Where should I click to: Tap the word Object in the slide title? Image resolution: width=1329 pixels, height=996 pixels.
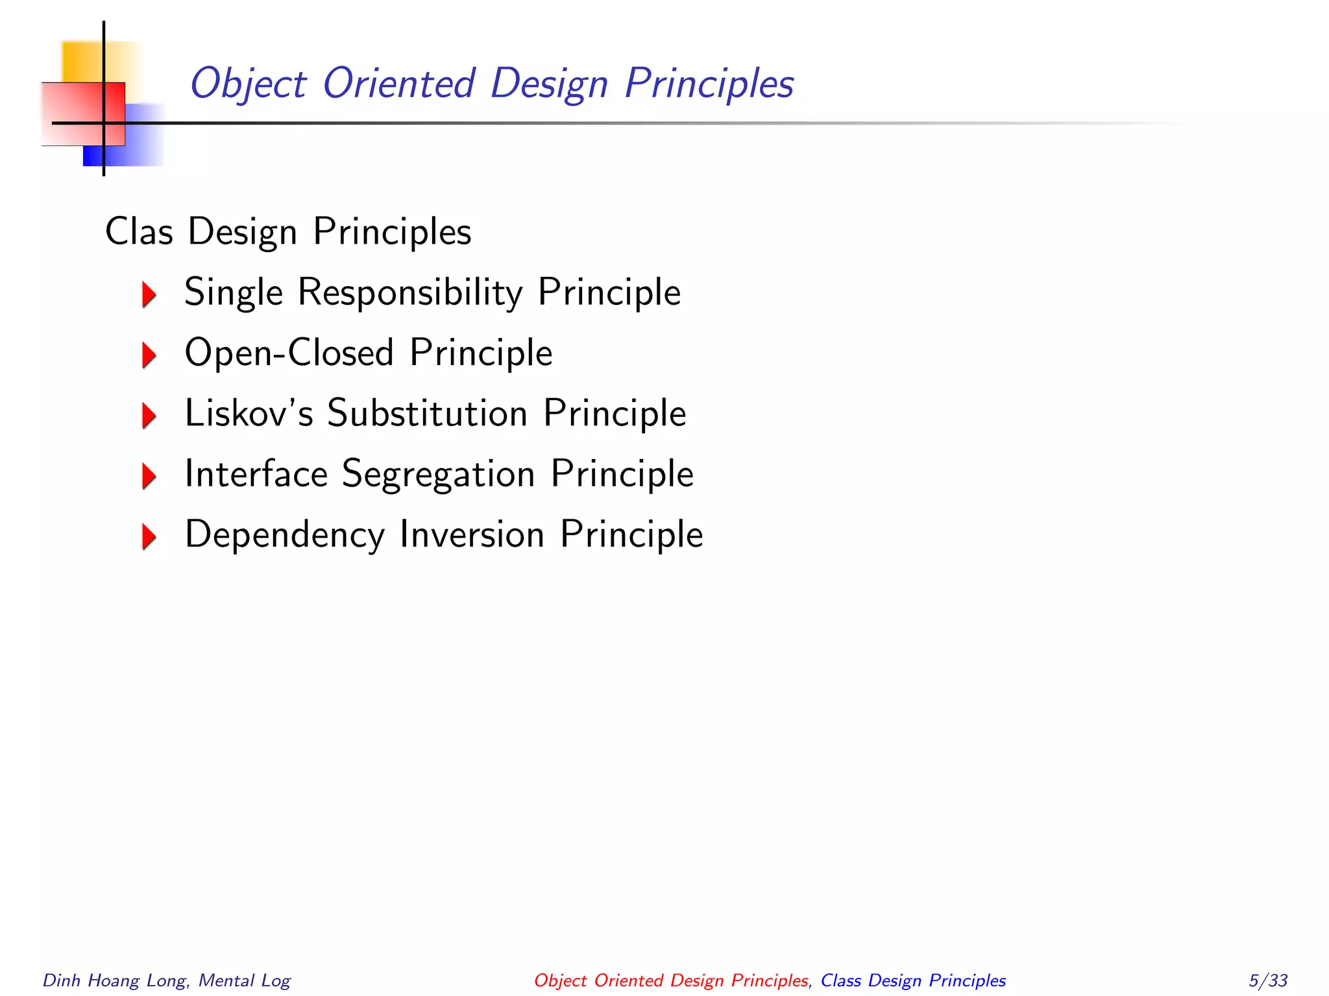[x=248, y=84]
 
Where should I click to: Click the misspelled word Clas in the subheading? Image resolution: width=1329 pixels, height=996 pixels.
[x=139, y=231]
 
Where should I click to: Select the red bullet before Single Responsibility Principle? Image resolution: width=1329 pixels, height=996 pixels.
[x=149, y=294]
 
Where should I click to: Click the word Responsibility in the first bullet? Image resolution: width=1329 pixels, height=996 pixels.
[x=409, y=292]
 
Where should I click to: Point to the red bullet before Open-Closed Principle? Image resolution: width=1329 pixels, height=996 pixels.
[x=149, y=355]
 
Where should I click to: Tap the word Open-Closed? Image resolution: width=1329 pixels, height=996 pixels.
[x=289, y=353]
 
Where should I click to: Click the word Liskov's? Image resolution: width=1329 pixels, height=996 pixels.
[x=249, y=413]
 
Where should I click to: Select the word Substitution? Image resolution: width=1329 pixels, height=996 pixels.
[x=427, y=413]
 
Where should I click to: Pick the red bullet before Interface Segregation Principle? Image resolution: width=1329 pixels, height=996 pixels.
[x=149, y=476]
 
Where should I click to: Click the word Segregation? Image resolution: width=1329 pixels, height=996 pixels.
[x=438, y=475]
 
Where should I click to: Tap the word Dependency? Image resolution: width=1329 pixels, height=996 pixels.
[x=285, y=535]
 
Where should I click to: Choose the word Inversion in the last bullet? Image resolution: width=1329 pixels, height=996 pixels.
[x=472, y=534]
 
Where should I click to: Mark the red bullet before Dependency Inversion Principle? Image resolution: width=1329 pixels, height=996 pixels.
[x=149, y=536]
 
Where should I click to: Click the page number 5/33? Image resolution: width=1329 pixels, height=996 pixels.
[x=1268, y=980]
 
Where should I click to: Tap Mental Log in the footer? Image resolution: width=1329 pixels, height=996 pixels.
[x=245, y=980]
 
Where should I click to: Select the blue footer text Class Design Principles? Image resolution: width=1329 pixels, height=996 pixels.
[x=913, y=980]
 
